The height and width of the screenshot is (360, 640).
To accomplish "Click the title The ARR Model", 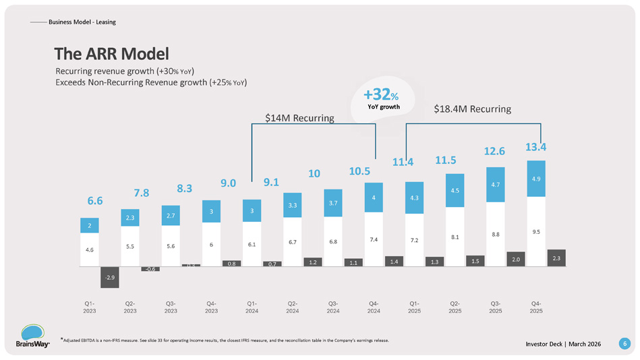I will point(111,53).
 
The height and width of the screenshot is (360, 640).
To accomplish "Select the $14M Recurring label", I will point(299,119).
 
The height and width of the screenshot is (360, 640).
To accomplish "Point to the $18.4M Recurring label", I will point(472,109).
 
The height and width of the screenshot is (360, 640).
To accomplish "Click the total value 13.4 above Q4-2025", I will point(535,146).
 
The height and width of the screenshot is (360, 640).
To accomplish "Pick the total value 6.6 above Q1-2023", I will point(96,200).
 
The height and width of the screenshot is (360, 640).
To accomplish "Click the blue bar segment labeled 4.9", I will point(535,179).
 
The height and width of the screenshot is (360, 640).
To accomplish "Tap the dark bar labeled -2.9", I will point(109,277).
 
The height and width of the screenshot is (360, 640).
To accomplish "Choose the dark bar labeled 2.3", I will point(556,258).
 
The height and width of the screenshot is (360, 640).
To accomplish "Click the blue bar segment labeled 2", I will point(89,225).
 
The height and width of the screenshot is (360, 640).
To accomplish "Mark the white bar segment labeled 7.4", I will point(373,239).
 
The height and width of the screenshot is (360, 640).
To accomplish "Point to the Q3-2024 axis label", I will point(332,307).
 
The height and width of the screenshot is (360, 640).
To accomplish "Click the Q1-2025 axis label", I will point(414,307).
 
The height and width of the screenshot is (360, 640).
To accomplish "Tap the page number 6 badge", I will point(625,344).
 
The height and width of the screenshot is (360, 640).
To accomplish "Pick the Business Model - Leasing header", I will point(82,22).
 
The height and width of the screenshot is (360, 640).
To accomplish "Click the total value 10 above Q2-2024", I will point(314,174).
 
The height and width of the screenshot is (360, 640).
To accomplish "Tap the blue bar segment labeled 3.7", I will point(332,203).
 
